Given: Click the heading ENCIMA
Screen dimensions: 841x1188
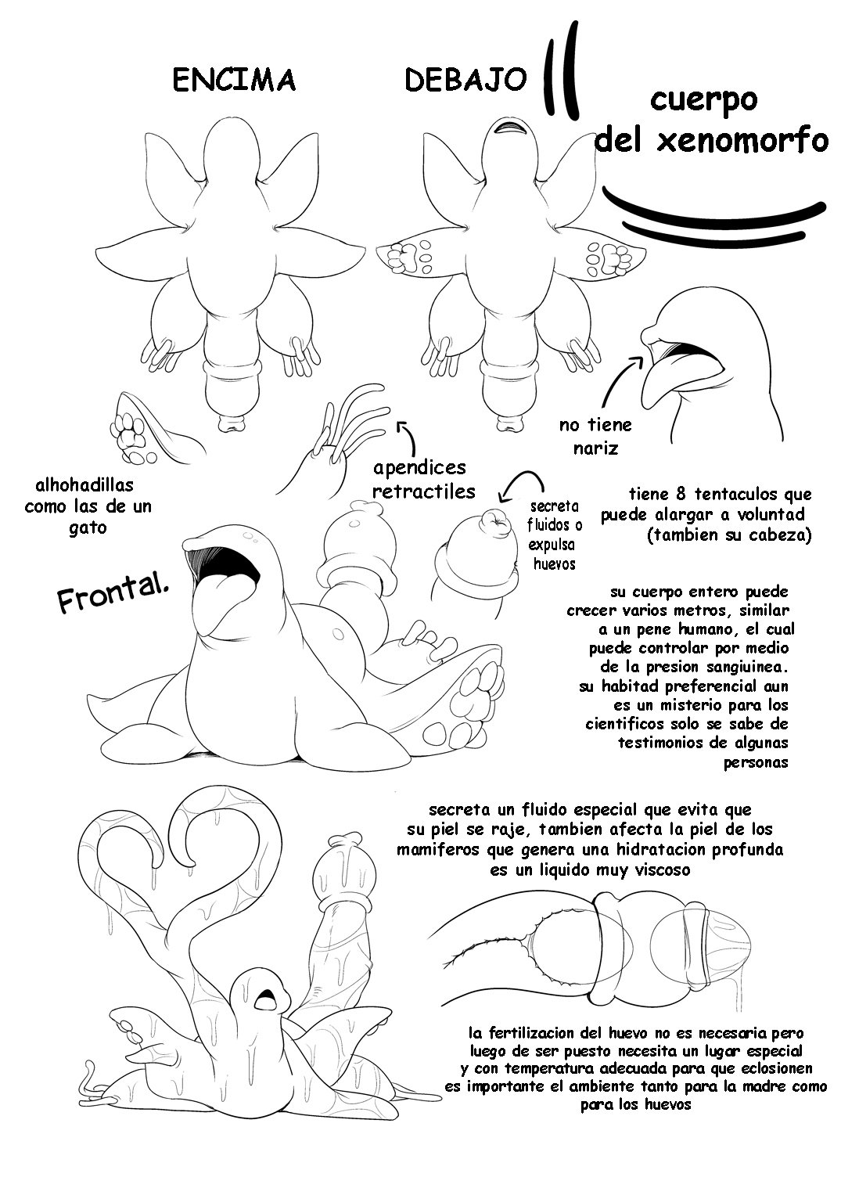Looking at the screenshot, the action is (x=234, y=81).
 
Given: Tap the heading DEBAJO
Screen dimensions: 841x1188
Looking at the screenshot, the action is (x=465, y=81).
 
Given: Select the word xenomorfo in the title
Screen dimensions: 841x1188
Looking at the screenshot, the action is (x=742, y=141).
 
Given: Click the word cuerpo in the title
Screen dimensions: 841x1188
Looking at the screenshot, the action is (x=703, y=101).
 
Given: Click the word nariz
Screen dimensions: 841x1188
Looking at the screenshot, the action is (x=595, y=448).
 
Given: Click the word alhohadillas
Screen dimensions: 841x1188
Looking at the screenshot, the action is (x=84, y=484).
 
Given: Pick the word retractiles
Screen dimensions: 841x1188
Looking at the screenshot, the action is (x=424, y=491).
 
